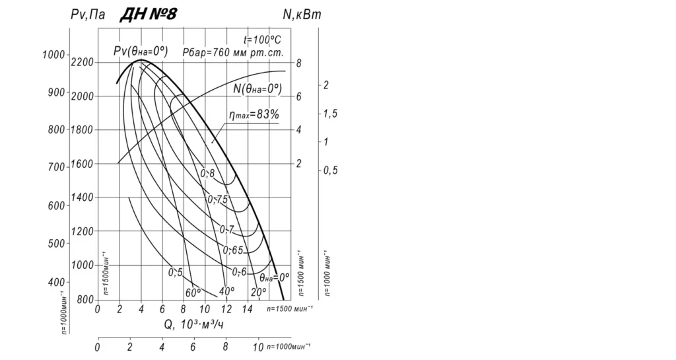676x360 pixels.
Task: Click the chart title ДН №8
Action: point(148,15)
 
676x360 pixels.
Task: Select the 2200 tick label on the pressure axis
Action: point(82,62)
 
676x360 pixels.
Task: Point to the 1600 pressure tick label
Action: point(82,164)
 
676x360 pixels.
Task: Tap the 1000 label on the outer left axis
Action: point(53,55)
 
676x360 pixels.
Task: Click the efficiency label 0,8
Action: point(207,173)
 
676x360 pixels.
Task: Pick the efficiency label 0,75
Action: point(217,199)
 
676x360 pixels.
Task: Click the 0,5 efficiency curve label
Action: point(175,272)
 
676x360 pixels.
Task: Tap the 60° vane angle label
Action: point(192,292)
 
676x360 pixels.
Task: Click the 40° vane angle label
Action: point(227,291)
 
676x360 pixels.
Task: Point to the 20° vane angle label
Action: point(258,291)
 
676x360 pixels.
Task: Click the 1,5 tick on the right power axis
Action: point(330,114)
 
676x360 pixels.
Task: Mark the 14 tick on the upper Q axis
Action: point(248,308)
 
